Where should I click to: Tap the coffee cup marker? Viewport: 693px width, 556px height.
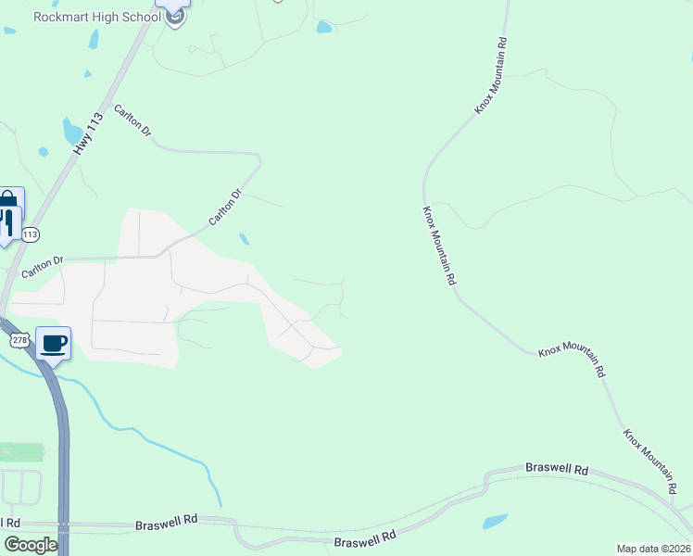[x=54, y=344]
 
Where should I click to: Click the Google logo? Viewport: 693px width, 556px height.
[x=31, y=545]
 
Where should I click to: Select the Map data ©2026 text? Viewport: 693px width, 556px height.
[x=652, y=549]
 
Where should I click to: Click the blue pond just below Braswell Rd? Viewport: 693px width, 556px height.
[x=495, y=522]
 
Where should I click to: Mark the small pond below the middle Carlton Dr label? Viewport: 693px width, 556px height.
[x=244, y=239]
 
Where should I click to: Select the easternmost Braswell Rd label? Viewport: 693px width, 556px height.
[x=557, y=470]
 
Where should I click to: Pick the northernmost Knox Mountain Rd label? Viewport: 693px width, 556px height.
[x=492, y=76]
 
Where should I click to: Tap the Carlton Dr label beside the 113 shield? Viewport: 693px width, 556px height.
[x=43, y=266]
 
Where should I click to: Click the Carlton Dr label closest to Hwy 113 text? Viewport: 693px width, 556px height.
[x=132, y=121]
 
